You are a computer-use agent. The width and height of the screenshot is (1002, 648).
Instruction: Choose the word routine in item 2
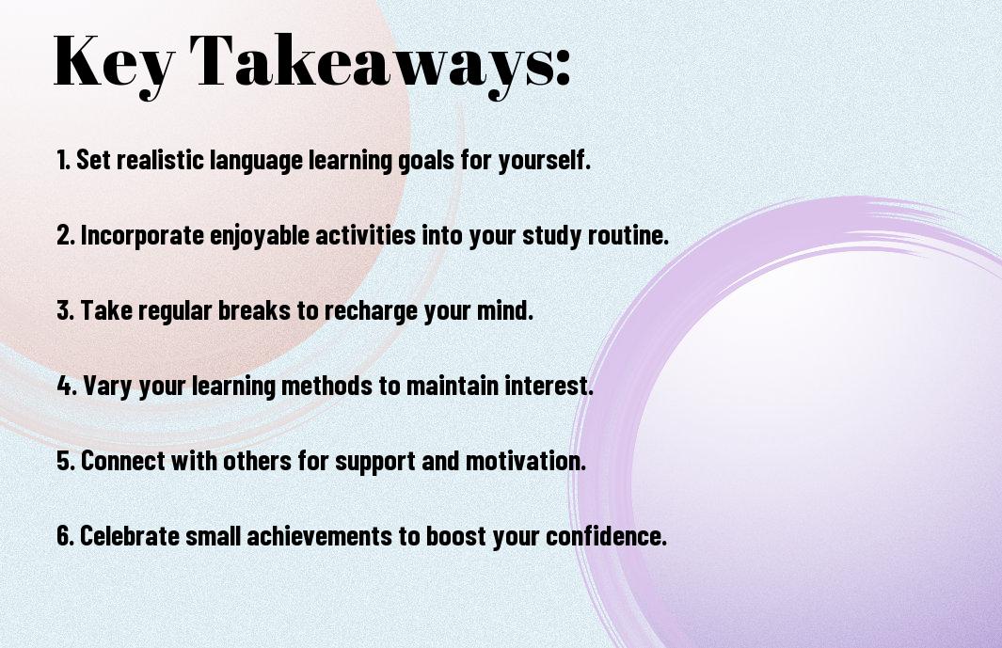tap(628, 235)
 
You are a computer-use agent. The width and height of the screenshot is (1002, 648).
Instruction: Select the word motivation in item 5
tap(525, 461)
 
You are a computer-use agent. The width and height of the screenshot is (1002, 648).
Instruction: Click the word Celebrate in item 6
tap(130, 536)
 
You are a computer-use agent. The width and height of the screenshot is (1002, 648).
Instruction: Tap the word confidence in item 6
tap(606, 536)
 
